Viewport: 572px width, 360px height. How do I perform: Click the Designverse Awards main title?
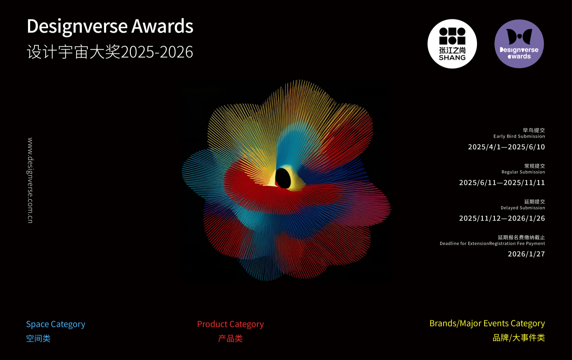click(x=110, y=26)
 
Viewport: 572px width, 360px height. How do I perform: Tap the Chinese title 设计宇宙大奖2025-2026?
click(x=110, y=52)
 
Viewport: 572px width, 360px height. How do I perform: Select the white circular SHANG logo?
click(x=452, y=44)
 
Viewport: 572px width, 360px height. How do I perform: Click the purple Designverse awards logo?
click(x=519, y=44)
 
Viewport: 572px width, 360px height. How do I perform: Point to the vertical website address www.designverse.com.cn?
click(x=30, y=180)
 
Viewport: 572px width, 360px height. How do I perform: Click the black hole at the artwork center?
click(x=283, y=178)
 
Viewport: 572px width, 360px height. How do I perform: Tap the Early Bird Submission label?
click(x=519, y=136)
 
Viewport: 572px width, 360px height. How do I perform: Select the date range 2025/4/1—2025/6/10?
click(x=506, y=147)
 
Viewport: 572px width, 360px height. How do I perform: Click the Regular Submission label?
click(x=523, y=172)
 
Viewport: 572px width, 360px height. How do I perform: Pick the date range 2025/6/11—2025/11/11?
click(x=502, y=183)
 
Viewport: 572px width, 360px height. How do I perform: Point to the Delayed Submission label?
click(x=523, y=208)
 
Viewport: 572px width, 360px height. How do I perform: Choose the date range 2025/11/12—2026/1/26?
click(x=502, y=218)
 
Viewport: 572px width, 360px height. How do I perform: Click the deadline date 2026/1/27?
click(x=526, y=254)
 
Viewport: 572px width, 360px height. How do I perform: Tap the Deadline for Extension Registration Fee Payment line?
click(x=492, y=244)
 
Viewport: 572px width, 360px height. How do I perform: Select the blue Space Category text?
click(x=55, y=324)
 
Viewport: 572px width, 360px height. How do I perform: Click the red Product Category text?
click(x=230, y=324)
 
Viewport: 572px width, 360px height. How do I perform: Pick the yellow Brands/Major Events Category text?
click(x=487, y=323)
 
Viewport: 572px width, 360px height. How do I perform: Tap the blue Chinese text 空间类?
click(x=38, y=339)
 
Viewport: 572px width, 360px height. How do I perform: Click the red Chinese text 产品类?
click(x=230, y=339)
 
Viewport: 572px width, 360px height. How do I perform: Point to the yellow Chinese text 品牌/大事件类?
click(x=519, y=338)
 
